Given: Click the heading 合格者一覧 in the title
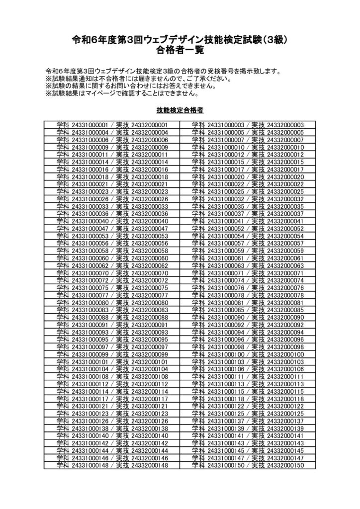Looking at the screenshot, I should coord(180,50).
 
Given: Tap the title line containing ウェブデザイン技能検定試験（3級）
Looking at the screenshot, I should coord(180,39).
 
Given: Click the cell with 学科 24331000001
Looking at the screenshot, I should coord(112,125).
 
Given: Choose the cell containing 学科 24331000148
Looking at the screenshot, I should coord(112,465).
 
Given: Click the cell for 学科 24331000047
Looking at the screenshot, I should coord(112,229).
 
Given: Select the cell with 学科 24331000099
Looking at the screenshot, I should coord(112,354).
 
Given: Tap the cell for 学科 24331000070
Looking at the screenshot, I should coord(112,273).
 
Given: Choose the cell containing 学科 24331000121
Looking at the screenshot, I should coord(112,406).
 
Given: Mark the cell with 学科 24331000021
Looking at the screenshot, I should coord(112,184).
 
